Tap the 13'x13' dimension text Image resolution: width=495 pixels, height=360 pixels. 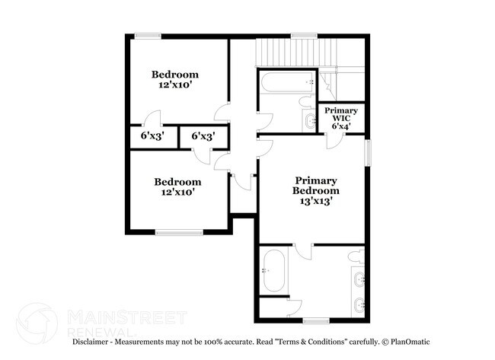316,202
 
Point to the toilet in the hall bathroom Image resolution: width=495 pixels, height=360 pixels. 305,101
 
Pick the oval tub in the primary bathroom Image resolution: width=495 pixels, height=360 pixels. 273,270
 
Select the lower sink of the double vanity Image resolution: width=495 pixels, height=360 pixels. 358,304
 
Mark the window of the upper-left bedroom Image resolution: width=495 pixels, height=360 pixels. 148,36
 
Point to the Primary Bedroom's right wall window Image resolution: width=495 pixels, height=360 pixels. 368,152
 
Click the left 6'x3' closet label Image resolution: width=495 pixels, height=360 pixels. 152,136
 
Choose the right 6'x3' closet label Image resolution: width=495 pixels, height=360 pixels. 203,136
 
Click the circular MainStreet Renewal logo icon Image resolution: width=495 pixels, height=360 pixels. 37,323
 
